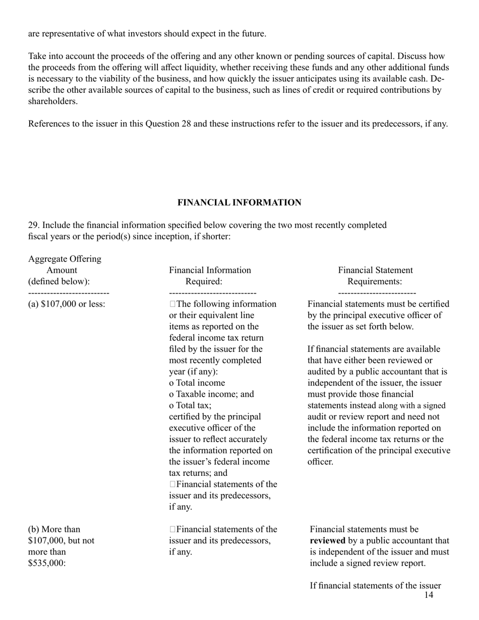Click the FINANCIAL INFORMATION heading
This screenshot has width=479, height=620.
click(x=239, y=203)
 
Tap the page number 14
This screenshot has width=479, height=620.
click(x=429, y=595)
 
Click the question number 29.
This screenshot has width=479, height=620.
click(x=33, y=225)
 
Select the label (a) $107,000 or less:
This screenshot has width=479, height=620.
click(x=67, y=304)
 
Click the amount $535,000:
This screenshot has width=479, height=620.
click(x=47, y=563)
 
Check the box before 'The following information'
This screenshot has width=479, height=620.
click(x=173, y=304)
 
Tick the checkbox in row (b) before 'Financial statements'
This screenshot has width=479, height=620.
click(x=173, y=529)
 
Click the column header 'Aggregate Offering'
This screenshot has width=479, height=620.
click(x=65, y=259)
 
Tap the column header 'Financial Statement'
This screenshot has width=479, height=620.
click(x=375, y=270)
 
